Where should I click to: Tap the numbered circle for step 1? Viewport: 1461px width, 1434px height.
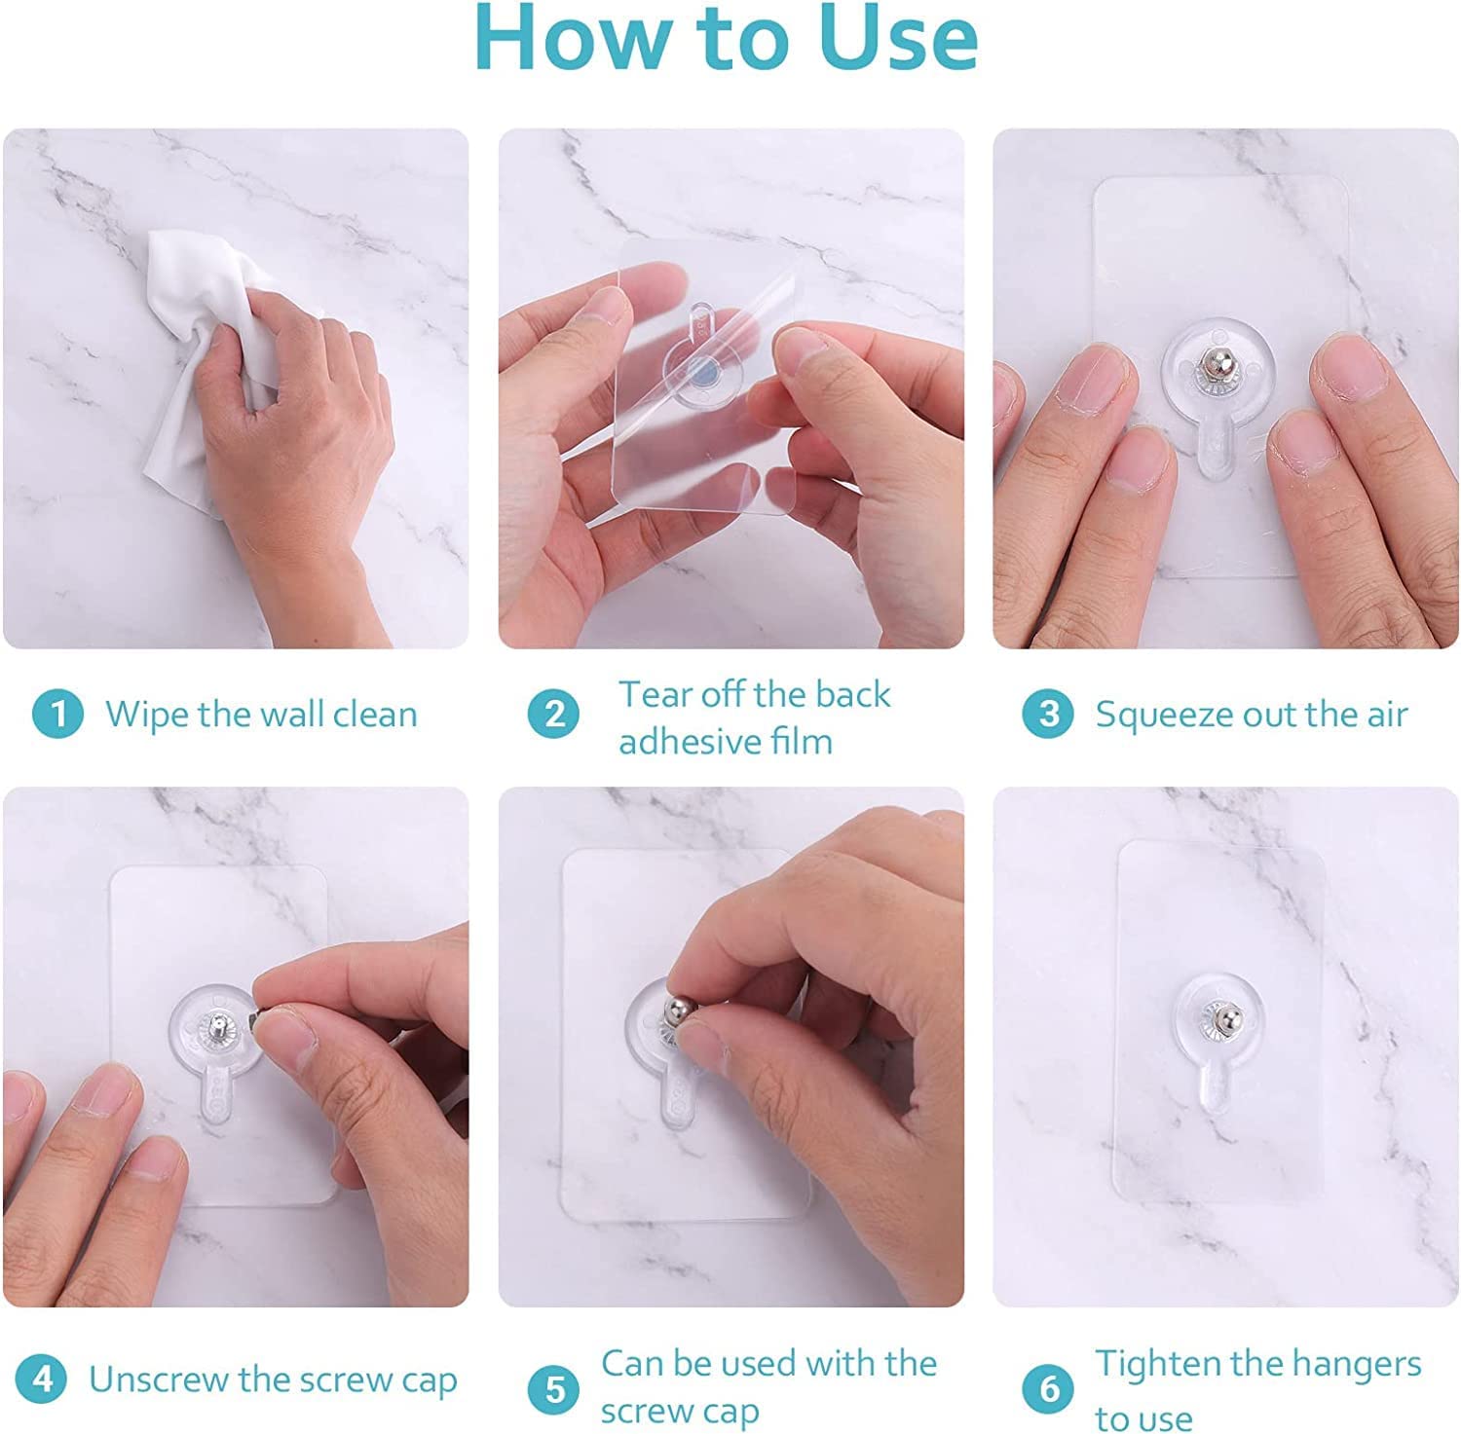(x=57, y=715)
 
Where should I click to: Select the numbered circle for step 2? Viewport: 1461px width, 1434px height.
(x=554, y=715)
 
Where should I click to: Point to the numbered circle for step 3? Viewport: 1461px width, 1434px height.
(x=1048, y=715)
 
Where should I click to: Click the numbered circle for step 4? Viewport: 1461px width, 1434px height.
(x=42, y=1379)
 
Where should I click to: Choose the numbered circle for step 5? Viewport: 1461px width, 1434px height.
(x=554, y=1389)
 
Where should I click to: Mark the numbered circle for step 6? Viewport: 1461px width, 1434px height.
(x=1048, y=1389)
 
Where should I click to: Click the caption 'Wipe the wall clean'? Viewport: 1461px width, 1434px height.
(x=261, y=715)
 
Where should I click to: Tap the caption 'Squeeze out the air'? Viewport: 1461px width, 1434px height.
(x=1252, y=715)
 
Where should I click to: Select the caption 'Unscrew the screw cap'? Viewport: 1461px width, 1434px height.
(x=273, y=1380)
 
